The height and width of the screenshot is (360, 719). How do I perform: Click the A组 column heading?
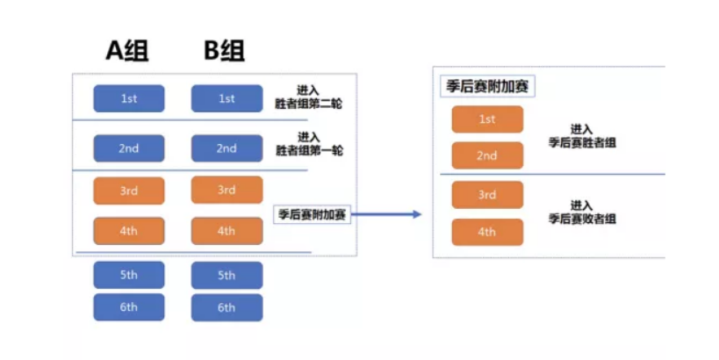(128, 51)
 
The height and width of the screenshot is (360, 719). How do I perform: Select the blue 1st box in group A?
(129, 98)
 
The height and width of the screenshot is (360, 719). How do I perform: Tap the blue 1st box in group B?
(226, 98)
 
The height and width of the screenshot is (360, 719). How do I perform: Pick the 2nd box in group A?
(129, 148)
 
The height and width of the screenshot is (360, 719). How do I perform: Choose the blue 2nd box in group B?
(226, 148)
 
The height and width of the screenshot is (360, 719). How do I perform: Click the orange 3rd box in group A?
(129, 190)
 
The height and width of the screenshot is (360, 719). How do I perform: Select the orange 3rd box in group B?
(226, 190)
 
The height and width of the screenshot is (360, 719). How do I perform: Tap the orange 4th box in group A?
(129, 231)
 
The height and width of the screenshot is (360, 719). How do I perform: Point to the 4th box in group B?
(226, 231)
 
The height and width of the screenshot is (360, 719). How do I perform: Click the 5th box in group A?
(129, 275)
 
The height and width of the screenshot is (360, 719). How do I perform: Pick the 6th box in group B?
(226, 307)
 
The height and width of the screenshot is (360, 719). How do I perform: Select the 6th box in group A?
(129, 307)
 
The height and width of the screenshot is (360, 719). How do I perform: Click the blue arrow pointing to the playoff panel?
(387, 214)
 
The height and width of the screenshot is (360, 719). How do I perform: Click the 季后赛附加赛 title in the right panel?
(486, 87)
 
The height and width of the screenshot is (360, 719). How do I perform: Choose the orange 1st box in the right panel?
(487, 119)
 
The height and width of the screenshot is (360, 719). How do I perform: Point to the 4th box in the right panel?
(487, 232)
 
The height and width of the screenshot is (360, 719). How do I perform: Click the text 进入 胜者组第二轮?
(308, 97)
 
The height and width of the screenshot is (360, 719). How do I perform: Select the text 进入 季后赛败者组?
(582, 212)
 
